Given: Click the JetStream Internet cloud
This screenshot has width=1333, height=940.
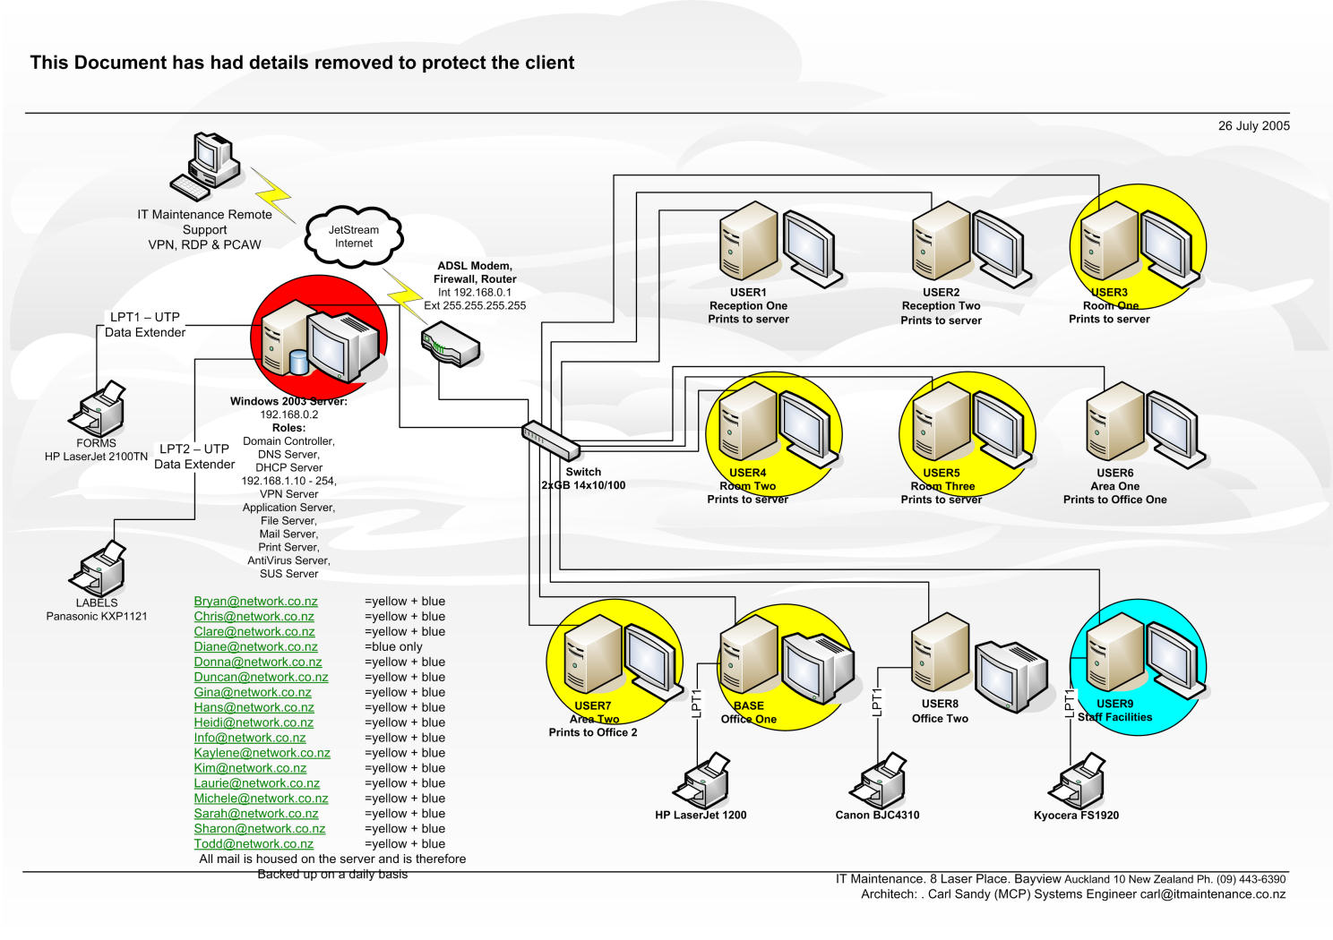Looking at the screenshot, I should click(x=354, y=237).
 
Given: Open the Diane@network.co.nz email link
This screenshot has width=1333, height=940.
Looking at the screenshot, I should click(x=255, y=646).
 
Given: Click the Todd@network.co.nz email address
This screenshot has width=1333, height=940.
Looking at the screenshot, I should click(x=254, y=843).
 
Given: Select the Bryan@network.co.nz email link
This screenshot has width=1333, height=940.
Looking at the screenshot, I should click(x=255, y=602).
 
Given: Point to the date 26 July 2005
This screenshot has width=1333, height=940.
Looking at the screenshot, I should click(x=1253, y=126).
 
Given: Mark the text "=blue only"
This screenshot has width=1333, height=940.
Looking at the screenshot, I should click(x=393, y=646).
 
